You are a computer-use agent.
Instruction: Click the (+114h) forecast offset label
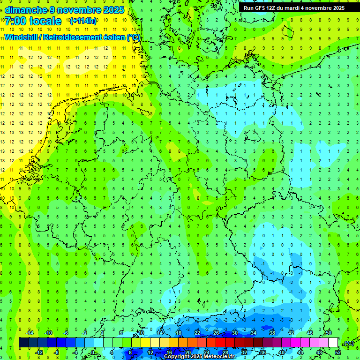coord(83,21)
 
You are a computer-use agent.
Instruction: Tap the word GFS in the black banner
coord(259,8)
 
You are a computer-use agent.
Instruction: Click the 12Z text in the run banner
coord(271,8)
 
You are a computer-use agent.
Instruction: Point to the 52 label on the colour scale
coord(337,352)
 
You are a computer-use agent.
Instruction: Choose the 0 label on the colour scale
coord(92,352)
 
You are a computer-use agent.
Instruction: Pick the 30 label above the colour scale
coord(234,333)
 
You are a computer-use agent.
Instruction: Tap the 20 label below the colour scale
coord(187,352)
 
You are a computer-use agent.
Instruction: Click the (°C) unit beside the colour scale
coord(348,343)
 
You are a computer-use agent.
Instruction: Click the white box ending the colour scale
coord(333,343)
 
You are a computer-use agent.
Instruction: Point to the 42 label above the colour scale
coord(291,333)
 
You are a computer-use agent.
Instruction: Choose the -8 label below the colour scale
coord(56,352)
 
